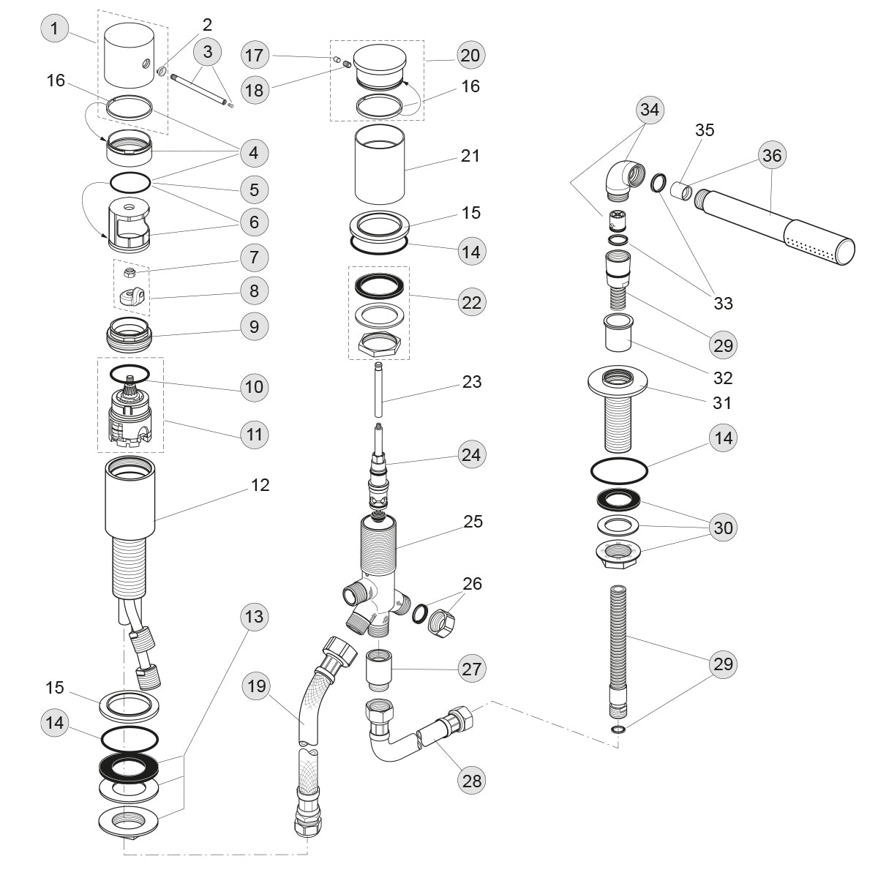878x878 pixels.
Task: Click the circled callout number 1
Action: coord(54,30)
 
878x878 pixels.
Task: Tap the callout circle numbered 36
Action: coord(772,155)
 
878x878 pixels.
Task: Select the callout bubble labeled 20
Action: coord(472,55)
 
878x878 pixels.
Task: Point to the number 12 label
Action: coord(260,485)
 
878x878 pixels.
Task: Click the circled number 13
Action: coord(254,617)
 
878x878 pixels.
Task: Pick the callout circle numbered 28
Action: coord(473,780)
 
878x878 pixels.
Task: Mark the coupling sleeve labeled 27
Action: coord(378,667)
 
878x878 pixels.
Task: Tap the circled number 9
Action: coord(254,326)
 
